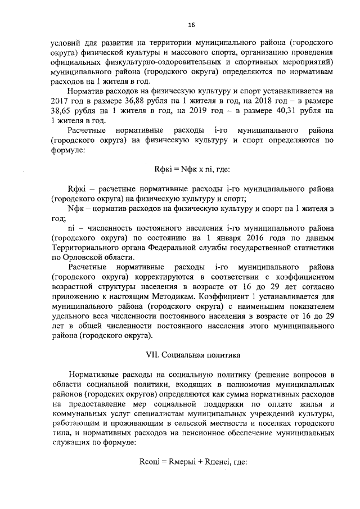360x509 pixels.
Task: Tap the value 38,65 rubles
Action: click(61, 110)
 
